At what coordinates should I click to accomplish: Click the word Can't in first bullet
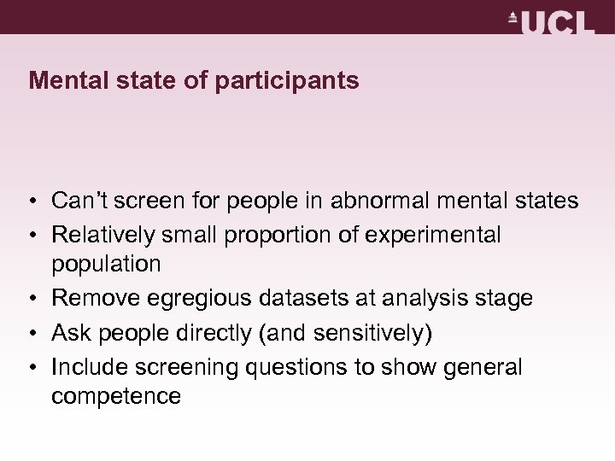(x=79, y=201)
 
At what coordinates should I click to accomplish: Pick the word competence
(x=116, y=396)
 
